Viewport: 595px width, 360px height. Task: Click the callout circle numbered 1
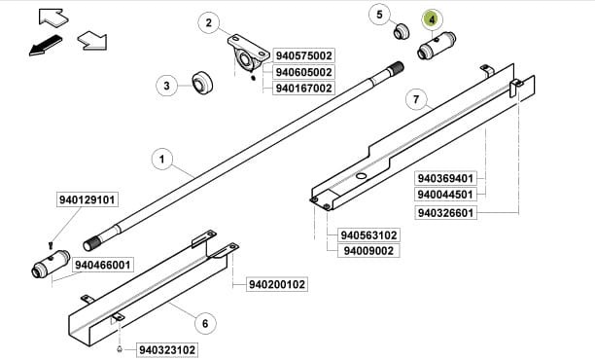click(162, 157)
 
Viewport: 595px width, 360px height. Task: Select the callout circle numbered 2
click(208, 22)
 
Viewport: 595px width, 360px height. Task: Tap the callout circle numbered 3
click(167, 87)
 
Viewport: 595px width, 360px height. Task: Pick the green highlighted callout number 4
click(432, 18)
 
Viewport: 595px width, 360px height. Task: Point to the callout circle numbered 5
click(380, 15)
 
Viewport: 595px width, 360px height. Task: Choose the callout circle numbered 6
click(204, 322)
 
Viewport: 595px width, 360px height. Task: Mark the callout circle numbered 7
click(415, 100)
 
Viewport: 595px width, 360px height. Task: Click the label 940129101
click(87, 199)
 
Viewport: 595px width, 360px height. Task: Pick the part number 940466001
click(103, 265)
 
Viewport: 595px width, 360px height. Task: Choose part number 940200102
click(277, 285)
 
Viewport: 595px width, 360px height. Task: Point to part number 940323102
click(167, 348)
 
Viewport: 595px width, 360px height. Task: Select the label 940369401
click(446, 178)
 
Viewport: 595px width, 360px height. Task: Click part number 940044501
click(446, 195)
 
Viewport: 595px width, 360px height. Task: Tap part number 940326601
click(446, 212)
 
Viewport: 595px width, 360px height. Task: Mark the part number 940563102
click(369, 235)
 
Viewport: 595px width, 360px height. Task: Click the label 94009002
click(366, 251)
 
